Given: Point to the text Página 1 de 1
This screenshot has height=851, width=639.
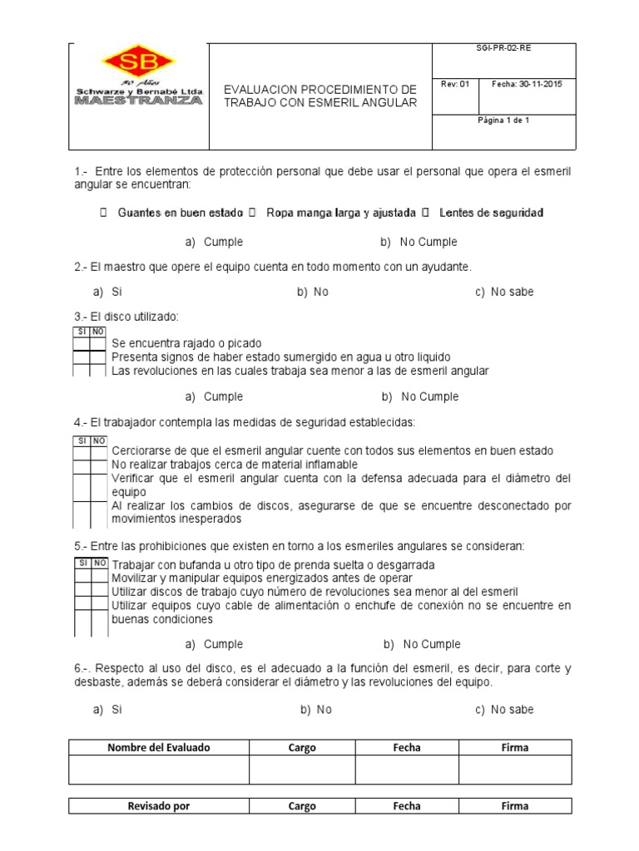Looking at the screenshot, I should (x=503, y=121).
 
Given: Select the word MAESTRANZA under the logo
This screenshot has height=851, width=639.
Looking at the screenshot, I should (x=138, y=101).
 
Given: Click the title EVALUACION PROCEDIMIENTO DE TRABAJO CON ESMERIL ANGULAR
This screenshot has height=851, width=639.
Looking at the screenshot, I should (x=320, y=95).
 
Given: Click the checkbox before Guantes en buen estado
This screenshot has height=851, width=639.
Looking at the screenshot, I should (x=103, y=214).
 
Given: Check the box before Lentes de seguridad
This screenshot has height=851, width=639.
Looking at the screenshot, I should (x=425, y=214).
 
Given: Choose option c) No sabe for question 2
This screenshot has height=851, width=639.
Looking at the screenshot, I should (x=504, y=292).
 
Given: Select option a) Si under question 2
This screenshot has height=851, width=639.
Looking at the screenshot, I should (x=108, y=292).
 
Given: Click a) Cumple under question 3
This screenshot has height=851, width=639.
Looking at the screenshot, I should (x=214, y=396).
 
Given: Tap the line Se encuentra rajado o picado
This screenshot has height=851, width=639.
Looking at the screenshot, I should (x=186, y=342).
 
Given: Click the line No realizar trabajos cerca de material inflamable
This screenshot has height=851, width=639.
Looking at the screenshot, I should (x=235, y=464).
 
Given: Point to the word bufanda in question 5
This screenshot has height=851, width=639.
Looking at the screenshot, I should (x=192, y=564).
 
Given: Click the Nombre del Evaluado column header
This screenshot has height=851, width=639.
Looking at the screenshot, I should (x=159, y=747).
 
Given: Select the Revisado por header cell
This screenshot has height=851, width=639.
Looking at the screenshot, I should (x=159, y=805).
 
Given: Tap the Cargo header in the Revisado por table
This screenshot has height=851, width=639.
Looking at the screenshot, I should (x=302, y=805).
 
